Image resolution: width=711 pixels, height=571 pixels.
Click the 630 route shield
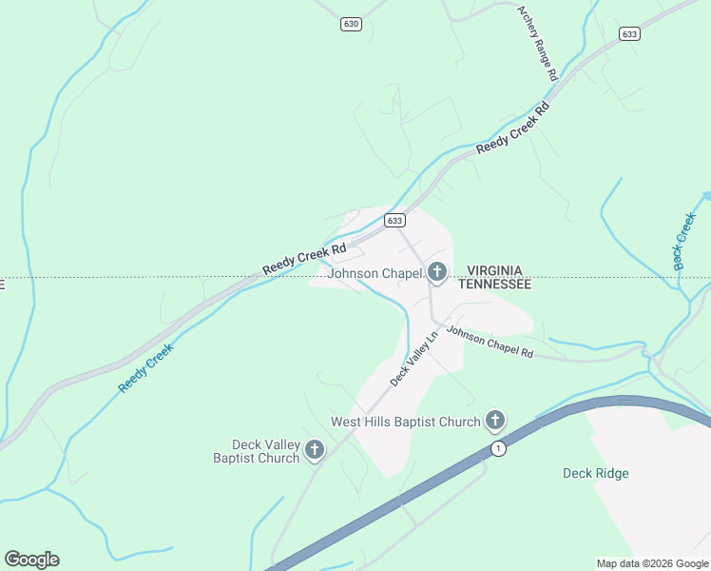point(352,24)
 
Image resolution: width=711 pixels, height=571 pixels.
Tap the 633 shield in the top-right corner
point(629,33)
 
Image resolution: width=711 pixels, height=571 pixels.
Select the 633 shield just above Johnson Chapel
point(395,220)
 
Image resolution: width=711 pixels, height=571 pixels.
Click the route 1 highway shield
point(497,447)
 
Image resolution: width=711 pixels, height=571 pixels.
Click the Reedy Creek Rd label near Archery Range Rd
point(513,129)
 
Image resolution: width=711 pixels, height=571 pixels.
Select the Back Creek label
point(685,242)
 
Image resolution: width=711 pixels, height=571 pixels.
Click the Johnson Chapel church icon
point(437,274)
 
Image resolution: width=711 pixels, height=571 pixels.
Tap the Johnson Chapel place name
point(375,274)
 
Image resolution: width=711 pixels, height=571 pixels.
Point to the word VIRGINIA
point(494,270)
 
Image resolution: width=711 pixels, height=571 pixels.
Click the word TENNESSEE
point(494,284)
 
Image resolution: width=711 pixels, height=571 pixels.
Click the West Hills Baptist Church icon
point(494,420)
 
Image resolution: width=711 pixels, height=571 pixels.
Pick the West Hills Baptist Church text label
point(405,422)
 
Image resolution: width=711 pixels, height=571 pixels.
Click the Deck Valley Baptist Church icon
point(315,450)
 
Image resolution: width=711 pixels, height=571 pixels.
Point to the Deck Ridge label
point(595,473)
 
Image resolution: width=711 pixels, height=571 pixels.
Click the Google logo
point(31,560)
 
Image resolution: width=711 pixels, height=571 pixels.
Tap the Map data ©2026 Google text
point(652,563)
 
